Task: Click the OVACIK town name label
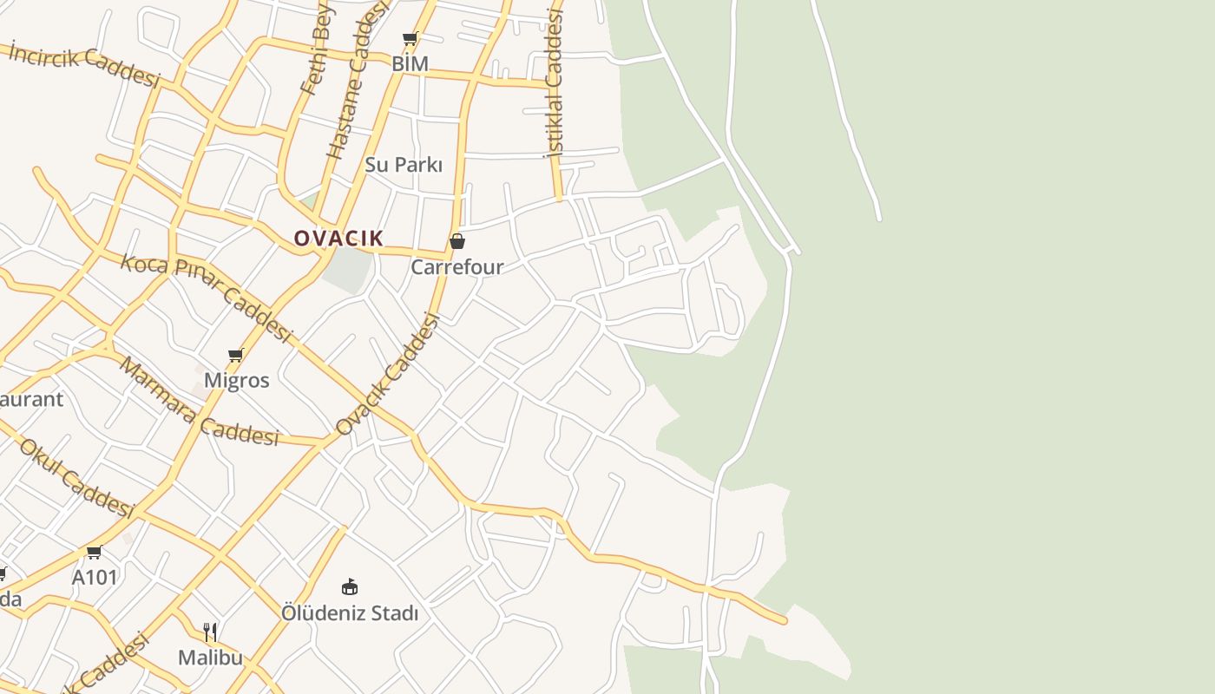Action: pos(338,238)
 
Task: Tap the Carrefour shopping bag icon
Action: pos(457,240)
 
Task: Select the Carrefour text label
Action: pos(456,266)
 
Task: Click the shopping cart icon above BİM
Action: pos(410,38)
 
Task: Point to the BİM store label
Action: pos(410,63)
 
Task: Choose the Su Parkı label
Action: pos(404,164)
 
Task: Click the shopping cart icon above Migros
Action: pos(235,355)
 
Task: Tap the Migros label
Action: pos(236,380)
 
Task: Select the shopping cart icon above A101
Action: pos(95,553)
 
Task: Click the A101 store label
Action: pos(95,577)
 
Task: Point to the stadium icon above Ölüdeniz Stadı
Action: pos(350,587)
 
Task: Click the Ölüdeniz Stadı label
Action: pos(349,613)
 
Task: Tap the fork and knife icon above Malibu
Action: pos(210,632)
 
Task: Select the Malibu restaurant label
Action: pos(210,657)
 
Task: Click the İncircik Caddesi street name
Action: pos(85,65)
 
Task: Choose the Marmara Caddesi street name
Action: pos(199,402)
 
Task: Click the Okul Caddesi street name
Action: pos(76,478)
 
